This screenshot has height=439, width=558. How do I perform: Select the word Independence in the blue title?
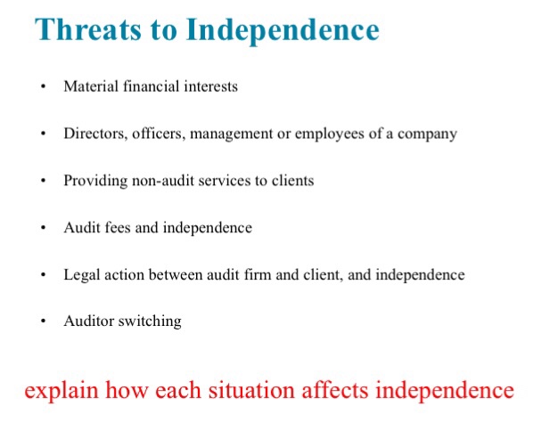click(x=283, y=31)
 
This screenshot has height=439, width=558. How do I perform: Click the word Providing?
click(x=94, y=181)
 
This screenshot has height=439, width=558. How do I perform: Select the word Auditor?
click(x=88, y=321)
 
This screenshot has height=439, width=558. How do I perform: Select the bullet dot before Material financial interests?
click(x=41, y=87)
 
